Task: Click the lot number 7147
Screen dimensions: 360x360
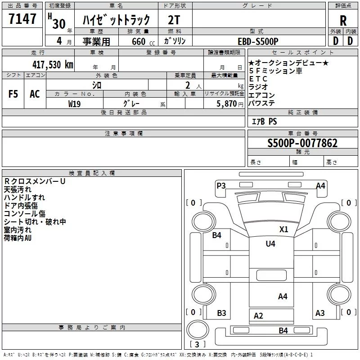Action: pos(22,19)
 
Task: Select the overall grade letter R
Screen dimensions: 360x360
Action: pos(343,20)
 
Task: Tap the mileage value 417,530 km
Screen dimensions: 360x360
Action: pos(53,64)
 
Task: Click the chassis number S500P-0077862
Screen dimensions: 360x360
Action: pos(302,144)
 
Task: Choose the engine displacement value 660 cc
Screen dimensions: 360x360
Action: pos(141,41)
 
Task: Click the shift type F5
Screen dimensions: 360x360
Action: pos(13,94)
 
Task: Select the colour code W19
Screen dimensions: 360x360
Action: pos(75,103)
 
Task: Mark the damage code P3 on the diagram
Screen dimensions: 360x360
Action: pos(221,185)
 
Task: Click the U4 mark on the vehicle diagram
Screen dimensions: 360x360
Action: pos(270,244)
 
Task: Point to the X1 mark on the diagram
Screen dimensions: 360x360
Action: pos(283,229)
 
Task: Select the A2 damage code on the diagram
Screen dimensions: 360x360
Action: pos(258,316)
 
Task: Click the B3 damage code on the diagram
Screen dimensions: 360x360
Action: pos(221,313)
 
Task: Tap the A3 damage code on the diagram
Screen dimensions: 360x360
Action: pos(320,313)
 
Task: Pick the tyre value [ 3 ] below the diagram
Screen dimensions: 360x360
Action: pos(198,345)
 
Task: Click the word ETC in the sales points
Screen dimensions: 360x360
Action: pos(258,79)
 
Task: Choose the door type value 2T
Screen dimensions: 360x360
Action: pos(174,20)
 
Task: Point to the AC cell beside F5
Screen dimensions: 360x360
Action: pos(35,94)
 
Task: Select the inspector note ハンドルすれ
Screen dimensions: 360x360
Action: pos(24,198)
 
